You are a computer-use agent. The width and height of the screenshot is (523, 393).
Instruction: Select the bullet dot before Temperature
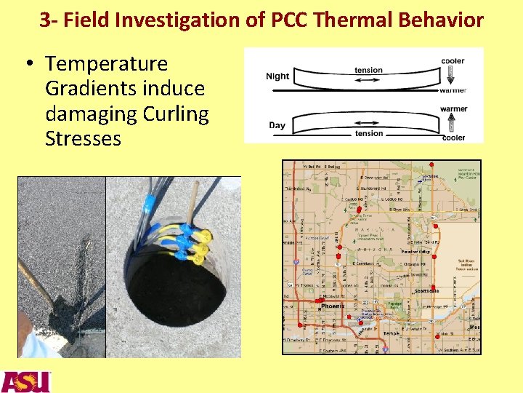coord(31,65)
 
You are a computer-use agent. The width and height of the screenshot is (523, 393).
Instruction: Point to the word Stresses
coord(83,138)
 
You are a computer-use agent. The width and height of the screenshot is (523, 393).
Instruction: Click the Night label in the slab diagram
coord(277,76)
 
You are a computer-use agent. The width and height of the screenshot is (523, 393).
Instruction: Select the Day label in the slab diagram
coord(277,125)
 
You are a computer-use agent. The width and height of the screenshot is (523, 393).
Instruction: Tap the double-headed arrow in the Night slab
coord(368,79)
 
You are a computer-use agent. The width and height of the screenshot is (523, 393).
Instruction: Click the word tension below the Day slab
coord(369,134)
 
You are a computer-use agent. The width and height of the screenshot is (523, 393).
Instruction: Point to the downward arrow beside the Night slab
coord(451,74)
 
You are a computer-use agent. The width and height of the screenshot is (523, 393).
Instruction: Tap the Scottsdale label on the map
coord(426,290)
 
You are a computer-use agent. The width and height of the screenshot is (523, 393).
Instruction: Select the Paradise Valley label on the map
coord(415,252)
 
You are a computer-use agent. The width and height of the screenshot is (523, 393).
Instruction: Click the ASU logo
coord(26,381)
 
